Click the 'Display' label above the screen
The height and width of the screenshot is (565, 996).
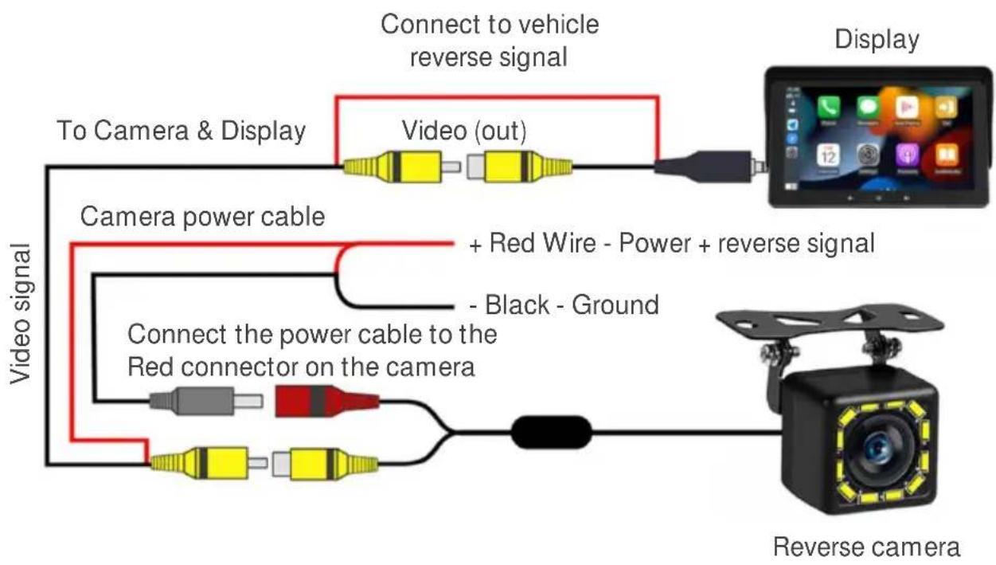point(877,40)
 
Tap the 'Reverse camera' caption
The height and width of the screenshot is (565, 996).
point(866,547)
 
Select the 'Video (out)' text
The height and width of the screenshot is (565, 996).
point(464,131)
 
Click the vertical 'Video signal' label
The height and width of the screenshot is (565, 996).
point(21,313)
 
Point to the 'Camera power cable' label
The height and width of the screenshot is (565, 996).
point(202,217)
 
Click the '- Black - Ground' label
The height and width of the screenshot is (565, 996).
point(564,305)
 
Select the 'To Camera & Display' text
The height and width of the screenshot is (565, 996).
point(182,131)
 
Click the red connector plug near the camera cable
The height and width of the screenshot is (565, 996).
point(326,402)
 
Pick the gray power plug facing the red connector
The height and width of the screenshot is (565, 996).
point(205,402)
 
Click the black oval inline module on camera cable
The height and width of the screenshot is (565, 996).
point(552,432)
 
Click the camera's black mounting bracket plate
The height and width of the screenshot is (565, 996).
point(830,321)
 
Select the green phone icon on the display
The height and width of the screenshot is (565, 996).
point(828,108)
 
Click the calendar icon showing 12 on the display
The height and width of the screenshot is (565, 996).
point(828,155)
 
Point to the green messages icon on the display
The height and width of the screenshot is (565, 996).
point(868,108)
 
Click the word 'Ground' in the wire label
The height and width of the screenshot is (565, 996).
point(615,305)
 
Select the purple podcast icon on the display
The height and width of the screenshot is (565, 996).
point(907,155)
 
